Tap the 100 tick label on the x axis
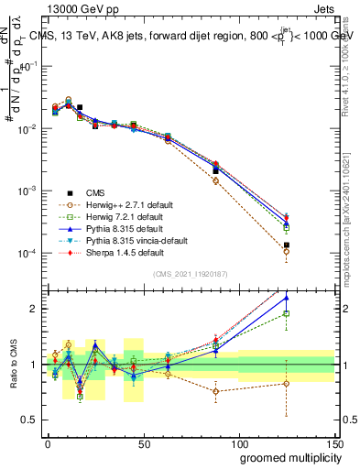tap(239, 444)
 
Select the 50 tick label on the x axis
tap(144, 444)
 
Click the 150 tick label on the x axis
tap(334, 444)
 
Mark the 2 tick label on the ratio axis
tap(35, 309)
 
